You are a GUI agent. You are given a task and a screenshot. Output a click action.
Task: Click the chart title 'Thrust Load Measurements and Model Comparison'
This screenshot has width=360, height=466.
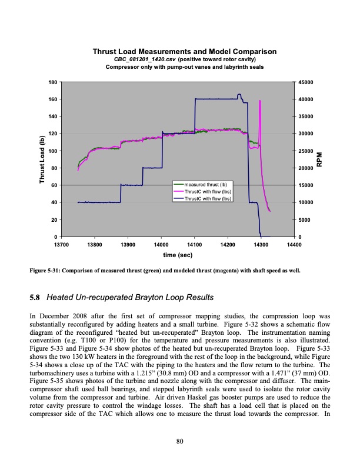coord(185,53)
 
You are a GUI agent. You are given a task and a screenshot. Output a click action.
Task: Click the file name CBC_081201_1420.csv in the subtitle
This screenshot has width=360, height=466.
coord(141,60)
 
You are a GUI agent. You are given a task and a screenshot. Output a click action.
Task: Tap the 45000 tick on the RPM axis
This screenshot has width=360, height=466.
coord(306,82)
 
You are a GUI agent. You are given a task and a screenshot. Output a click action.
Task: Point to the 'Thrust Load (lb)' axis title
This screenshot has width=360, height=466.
coord(42,159)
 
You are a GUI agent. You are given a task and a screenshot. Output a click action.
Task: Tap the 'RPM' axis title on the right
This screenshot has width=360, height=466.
coord(320,159)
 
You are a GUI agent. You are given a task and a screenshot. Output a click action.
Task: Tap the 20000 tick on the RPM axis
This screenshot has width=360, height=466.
coord(306,168)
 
